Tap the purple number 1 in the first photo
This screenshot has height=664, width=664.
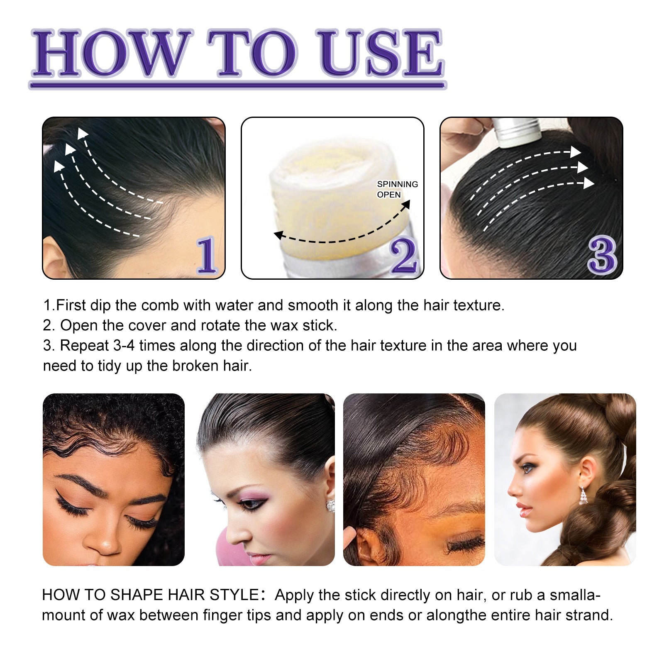206,255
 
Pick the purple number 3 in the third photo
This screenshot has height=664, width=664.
602,255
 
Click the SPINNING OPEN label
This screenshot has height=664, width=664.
397,189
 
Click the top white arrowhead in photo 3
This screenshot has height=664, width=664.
576,152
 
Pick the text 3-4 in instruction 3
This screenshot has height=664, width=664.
124,346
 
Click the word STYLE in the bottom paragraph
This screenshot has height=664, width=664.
234,595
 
